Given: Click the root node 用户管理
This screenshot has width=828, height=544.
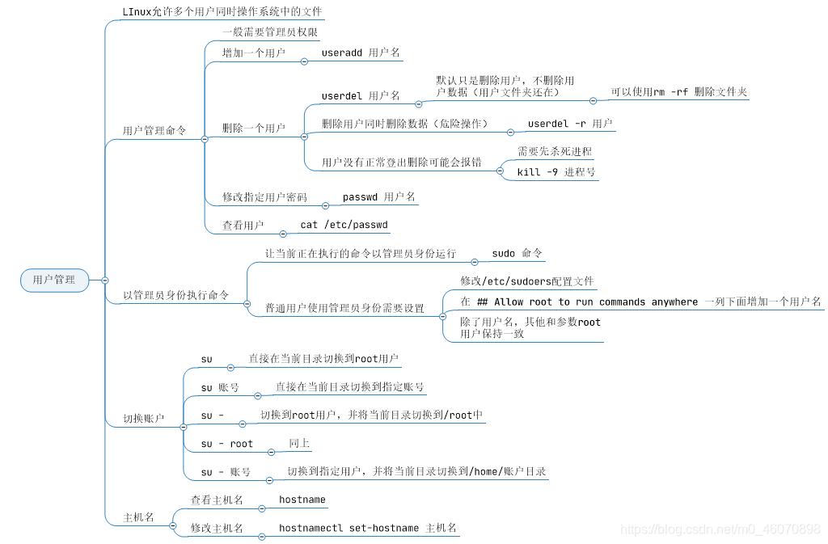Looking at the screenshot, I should point(54,280).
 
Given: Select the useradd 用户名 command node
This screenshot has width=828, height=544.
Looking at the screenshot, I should point(361,53).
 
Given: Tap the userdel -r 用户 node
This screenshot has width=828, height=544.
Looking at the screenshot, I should point(569,124).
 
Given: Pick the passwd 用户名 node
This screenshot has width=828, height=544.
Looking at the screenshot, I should point(378,196).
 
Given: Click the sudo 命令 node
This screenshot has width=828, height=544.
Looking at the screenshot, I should point(517,253).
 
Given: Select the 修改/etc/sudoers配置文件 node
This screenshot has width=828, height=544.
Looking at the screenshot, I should point(515,280).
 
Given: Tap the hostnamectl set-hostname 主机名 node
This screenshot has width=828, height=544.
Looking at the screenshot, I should point(368,528).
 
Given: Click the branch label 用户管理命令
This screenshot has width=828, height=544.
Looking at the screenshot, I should point(154,130).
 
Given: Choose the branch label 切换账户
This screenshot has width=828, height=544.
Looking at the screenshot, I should point(144,419).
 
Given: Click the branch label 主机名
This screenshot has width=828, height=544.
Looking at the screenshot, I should point(138,517).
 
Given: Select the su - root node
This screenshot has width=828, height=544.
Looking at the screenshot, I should point(227,444).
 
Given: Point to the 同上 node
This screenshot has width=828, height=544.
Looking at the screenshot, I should point(299,444).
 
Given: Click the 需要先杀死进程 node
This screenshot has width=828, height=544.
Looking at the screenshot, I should point(554,151).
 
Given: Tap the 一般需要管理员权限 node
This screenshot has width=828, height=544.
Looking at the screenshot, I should point(270,33).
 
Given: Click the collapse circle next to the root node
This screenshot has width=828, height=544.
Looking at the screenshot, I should point(105,280).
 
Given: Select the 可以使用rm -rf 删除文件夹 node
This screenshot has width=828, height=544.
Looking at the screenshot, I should point(678,92).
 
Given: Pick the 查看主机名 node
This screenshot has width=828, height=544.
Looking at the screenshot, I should point(217,500).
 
